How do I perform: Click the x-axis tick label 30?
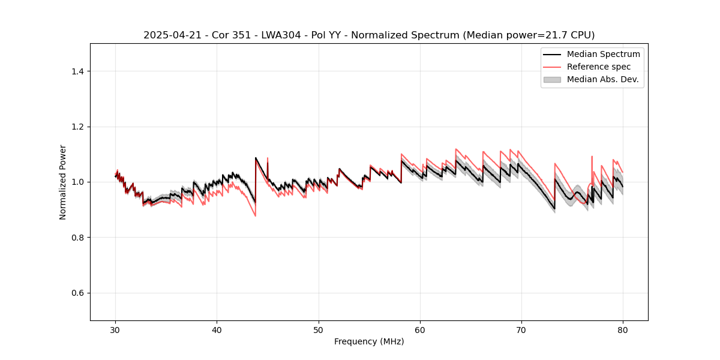(116, 330)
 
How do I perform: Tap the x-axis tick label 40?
(217, 330)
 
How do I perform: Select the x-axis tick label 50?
(319, 330)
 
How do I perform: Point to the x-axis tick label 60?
(420, 330)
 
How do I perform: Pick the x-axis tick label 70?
(521, 330)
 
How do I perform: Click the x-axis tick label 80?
(623, 330)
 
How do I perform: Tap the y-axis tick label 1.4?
(77, 71)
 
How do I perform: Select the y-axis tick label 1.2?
(77, 127)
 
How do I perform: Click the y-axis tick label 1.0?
(77, 182)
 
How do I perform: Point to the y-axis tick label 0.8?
(77, 238)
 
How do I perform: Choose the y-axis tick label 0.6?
(77, 293)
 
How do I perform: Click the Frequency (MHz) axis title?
(369, 341)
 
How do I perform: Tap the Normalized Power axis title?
(63, 182)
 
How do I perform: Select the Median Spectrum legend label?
(603, 54)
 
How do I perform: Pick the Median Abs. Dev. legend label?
(602, 79)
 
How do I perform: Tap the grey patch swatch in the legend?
(552, 79)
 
